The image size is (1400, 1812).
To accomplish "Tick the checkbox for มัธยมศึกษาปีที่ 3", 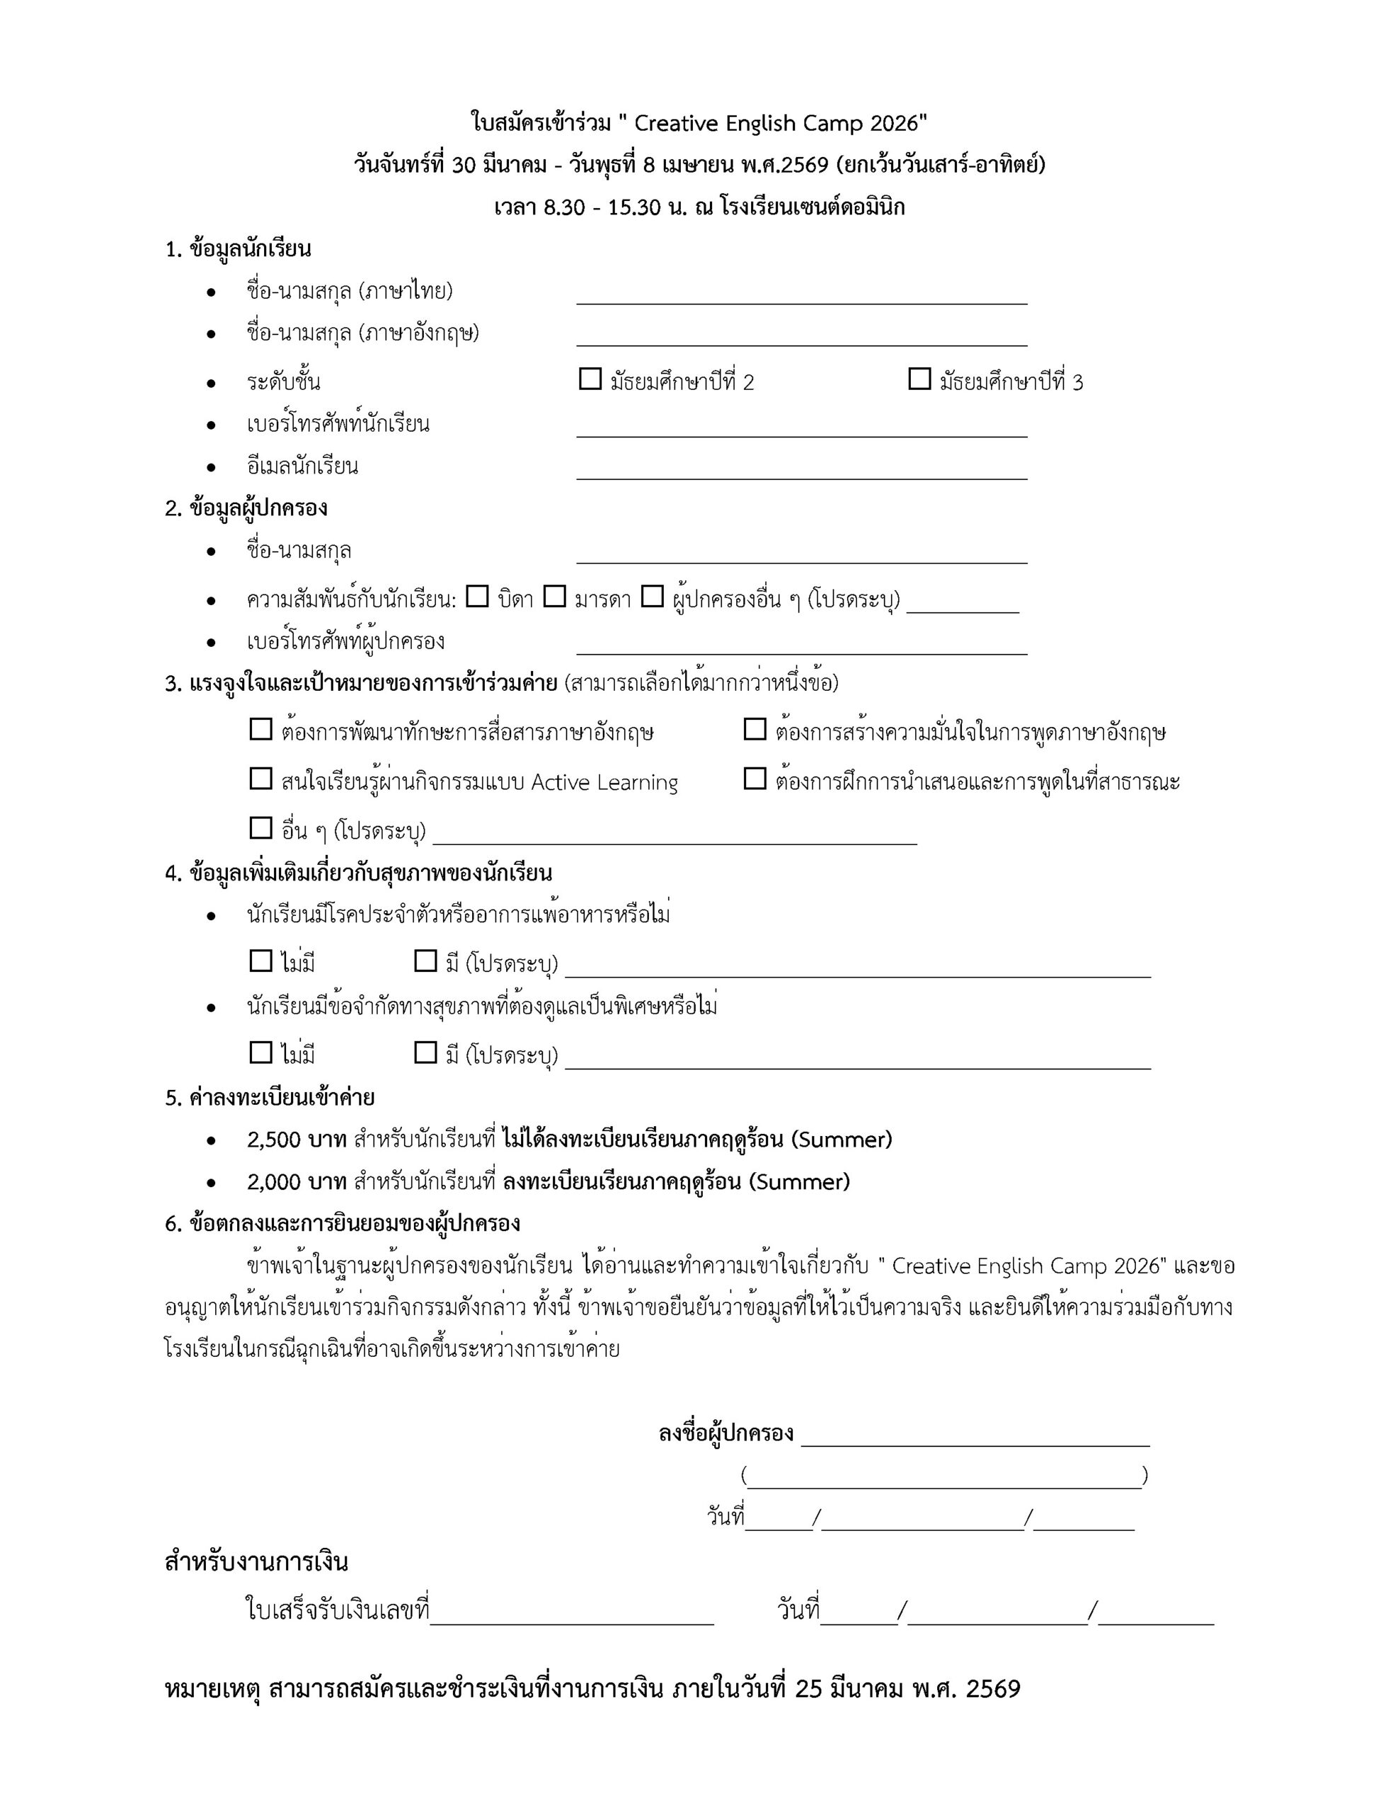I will (919, 379).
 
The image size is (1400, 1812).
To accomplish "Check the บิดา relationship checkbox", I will (477, 596).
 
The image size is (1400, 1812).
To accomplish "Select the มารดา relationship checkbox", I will (554, 596).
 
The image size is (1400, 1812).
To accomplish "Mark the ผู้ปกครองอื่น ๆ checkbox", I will (653, 596).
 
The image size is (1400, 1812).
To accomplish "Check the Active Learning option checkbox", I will (260, 778).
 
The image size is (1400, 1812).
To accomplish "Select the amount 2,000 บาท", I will (297, 1181).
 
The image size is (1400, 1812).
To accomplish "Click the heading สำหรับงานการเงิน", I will (256, 1562).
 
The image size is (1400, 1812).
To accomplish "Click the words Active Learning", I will (604, 782).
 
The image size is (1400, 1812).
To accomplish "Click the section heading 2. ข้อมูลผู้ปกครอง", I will (246, 508).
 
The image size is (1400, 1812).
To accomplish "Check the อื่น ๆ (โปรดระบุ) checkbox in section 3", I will (260, 827).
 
